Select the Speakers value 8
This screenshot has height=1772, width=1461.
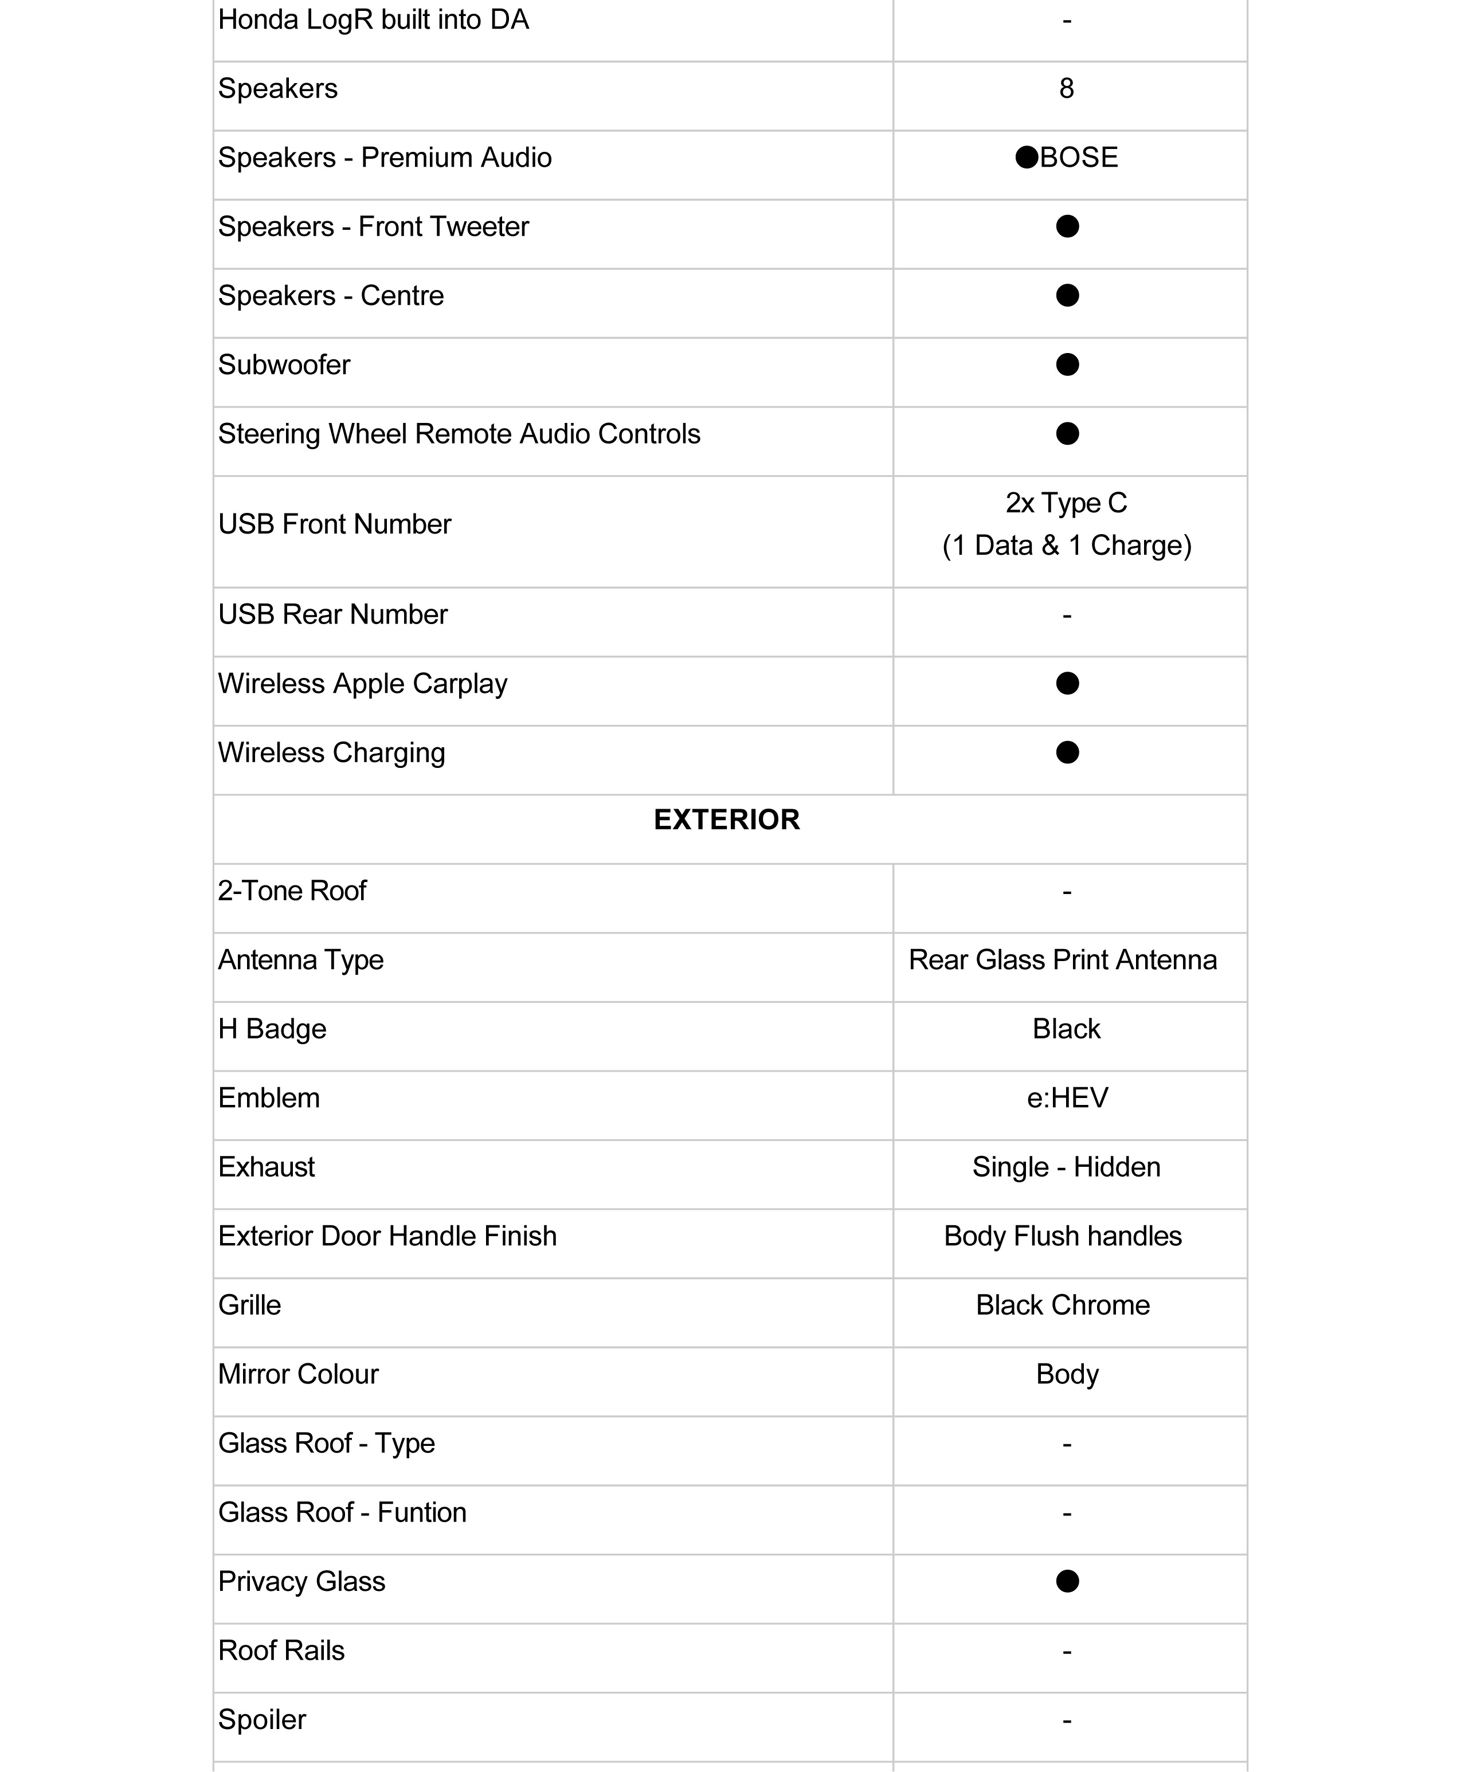click(x=1066, y=88)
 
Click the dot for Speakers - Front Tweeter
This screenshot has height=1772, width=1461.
click(x=1067, y=226)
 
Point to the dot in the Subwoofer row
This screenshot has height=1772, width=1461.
click(x=1067, y=364)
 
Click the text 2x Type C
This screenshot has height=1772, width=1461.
click(x=1066, y=503)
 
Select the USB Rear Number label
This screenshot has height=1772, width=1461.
click(x=332, y=615)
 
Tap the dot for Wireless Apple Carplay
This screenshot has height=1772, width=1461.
click(x=1067, y=683)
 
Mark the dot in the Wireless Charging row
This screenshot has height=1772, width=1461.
click(x=1067, y=752)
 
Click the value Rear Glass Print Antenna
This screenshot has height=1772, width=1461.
click(x=1063, y=960)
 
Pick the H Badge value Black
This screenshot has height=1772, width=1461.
click(x=1066, y=1029)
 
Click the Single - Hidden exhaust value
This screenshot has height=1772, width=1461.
click(x=1066, y=1167)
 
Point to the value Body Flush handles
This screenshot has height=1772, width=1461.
click(x=1063, y=1236)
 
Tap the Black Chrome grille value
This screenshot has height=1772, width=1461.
click(x=1063, y=1305)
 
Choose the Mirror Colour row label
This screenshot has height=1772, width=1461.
click(x=298, y=1374)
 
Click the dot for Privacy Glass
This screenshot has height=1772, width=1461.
click(x=1067, y=1581)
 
